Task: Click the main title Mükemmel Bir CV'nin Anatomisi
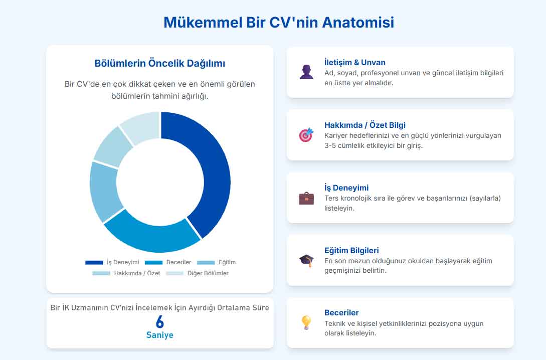279,23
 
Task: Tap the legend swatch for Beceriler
153,262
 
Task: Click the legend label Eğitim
227,262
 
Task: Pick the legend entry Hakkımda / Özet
137,273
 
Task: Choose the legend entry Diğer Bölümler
208,273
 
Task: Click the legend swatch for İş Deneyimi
94,262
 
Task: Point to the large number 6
160,322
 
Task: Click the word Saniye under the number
160,335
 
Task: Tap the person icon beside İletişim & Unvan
306,72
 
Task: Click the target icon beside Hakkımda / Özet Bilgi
306,135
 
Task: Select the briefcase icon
306,198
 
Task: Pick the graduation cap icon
306,260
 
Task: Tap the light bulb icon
306,322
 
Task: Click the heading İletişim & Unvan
355,63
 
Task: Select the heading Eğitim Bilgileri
351,250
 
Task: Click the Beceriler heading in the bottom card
341,312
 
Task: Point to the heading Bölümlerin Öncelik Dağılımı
160,64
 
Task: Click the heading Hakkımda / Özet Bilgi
365,125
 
